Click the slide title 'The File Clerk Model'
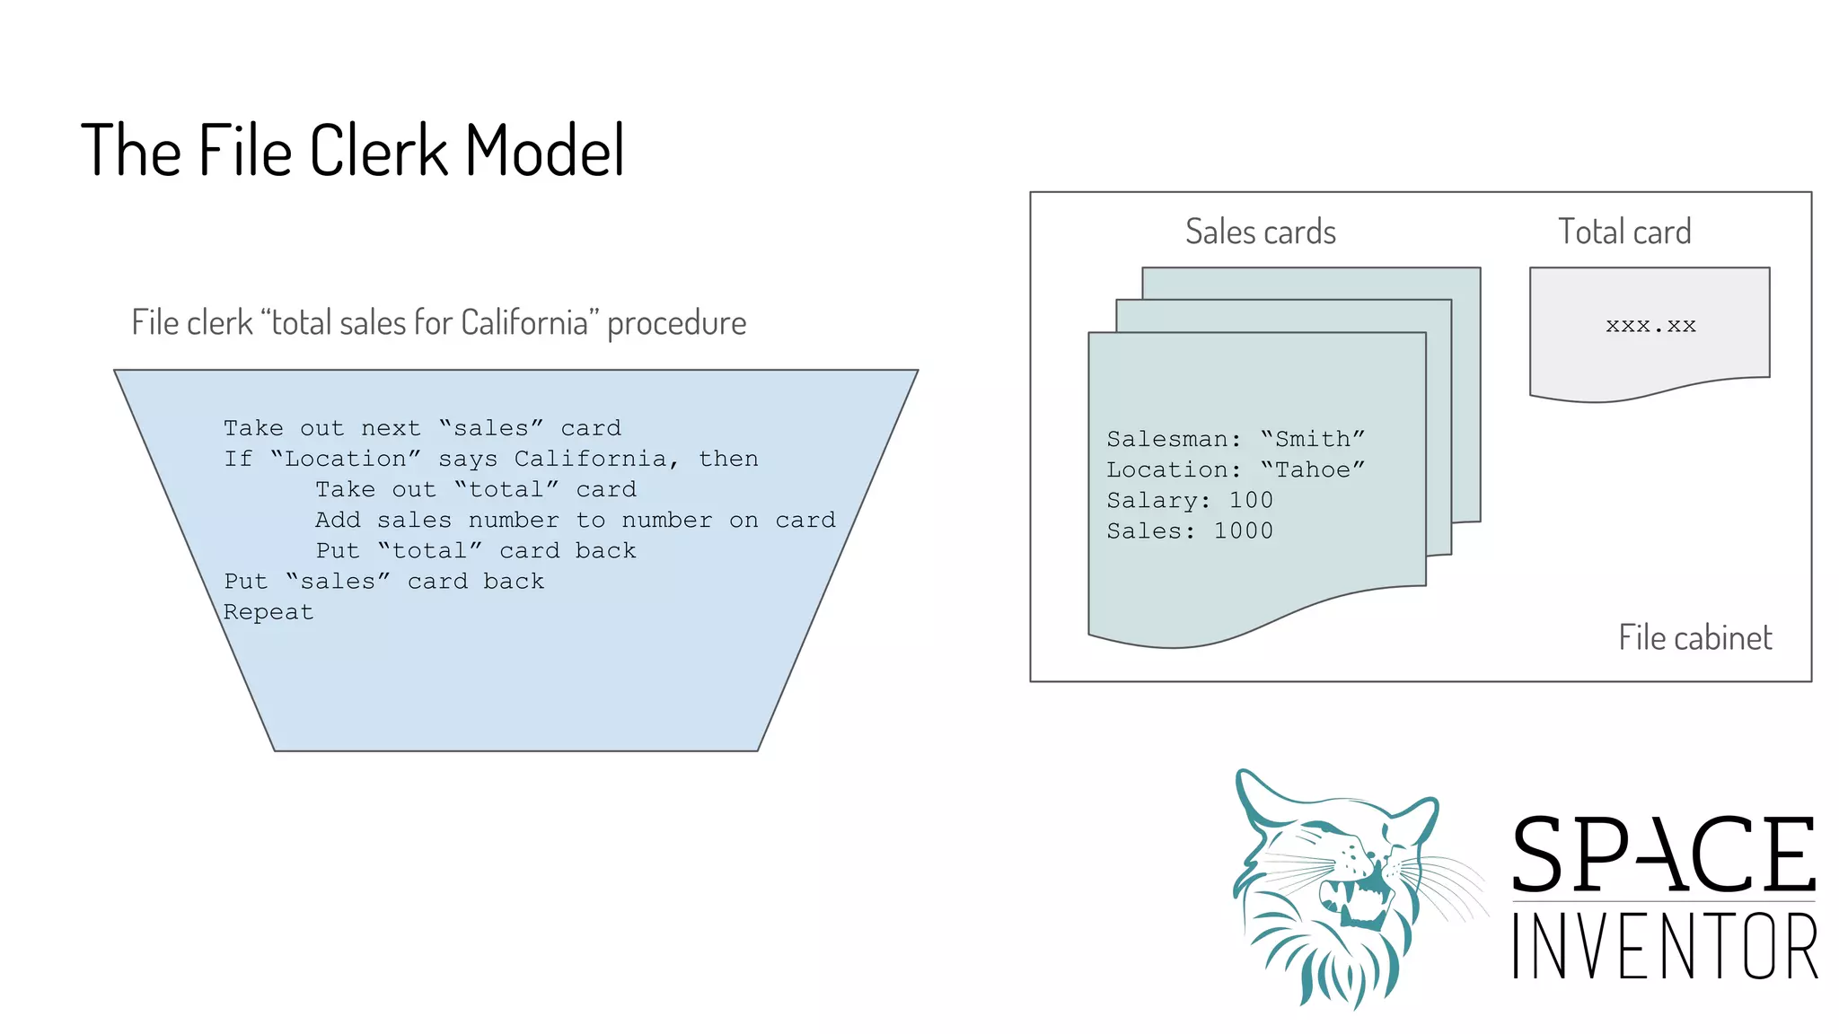point(352,150)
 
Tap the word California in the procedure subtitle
point(524,322)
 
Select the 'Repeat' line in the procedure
point(268,612)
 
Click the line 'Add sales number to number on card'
point(575,520)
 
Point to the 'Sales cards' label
point(1260,232)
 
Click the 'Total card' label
point(1623,232)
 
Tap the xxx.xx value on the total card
point(1650,325)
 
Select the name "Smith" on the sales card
point(1313,439)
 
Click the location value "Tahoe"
point(1313,469)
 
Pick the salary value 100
point(1251,500)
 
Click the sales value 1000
point(1243,530)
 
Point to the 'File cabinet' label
point(1694,637)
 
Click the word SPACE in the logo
point(1664,854)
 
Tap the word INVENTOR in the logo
point(1664,946)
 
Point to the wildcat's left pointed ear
point(1253,794)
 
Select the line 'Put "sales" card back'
point(383,582)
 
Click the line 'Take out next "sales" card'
point(422,428)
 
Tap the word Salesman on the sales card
point(1166,439)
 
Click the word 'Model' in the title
point(544,150)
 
